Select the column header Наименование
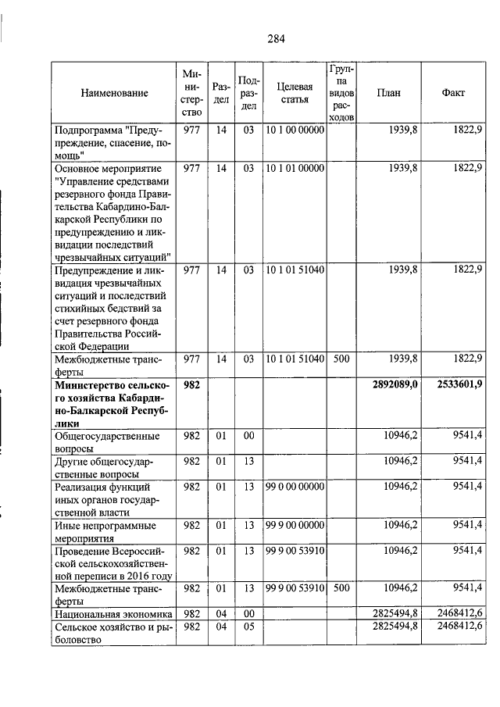tap(114, 94)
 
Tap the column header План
tap(388, 93)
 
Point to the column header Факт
tap(453, 93)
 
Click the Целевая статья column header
tap(295, 93)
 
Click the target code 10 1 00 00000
tap(295, 130)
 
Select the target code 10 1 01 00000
tap(295, 168)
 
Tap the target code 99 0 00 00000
tap(295, 485)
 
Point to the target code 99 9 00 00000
tap(295, 524)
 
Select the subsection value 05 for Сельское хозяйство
tap(248, 627)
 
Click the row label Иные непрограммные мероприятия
tap(105, 531)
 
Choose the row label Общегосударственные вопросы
tap(106, 442)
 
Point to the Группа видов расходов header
tap(340, 93)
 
